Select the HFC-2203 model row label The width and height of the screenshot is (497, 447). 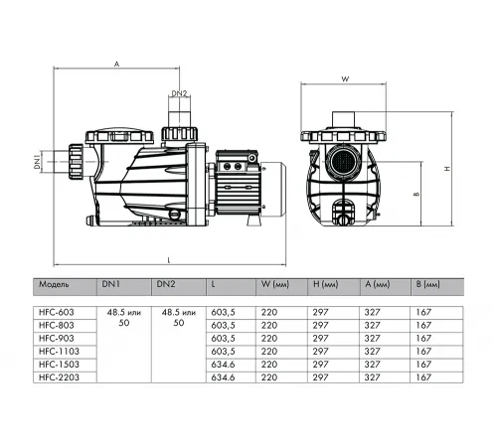click(x=59, y=376)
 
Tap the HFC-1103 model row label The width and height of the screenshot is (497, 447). click(x=59, y=351)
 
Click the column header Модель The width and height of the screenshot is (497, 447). click(x=54, y=283)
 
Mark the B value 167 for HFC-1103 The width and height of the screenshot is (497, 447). click(x=423, y=351)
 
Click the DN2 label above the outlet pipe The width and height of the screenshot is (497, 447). click(x=180, y=93)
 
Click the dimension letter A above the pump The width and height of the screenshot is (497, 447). click(x=116, y=63)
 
